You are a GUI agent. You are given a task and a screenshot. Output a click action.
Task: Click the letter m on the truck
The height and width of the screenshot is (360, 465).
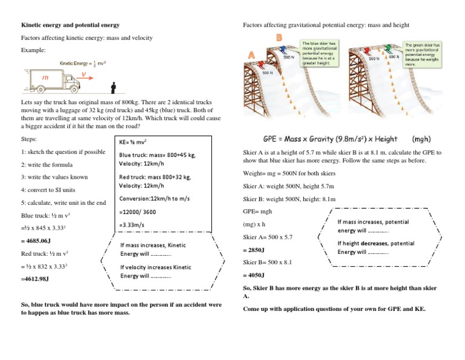point(45,78)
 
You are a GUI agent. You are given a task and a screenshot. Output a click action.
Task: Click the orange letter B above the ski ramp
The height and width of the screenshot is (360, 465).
point(279,38)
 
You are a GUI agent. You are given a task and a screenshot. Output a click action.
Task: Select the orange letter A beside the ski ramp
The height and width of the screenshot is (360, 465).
point(251,55)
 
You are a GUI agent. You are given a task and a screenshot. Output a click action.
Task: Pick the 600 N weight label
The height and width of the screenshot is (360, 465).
point(393,58)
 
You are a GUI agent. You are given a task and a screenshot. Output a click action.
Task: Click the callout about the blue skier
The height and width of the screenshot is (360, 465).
point(320,53)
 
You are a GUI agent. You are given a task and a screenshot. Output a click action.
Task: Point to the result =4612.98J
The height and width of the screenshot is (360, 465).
point(35,279)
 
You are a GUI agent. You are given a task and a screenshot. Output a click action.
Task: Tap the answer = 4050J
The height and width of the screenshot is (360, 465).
point(253,275)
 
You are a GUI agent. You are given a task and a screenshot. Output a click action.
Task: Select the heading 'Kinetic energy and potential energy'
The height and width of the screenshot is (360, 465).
point(70,25)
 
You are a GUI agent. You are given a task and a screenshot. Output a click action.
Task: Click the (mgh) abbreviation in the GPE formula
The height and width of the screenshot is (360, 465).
point(422,138)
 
